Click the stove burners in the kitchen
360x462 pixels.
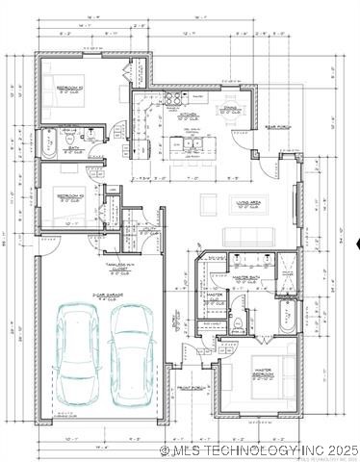point(176,98)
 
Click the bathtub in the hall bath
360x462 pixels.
point(47,145)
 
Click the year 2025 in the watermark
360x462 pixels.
point(342,449)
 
